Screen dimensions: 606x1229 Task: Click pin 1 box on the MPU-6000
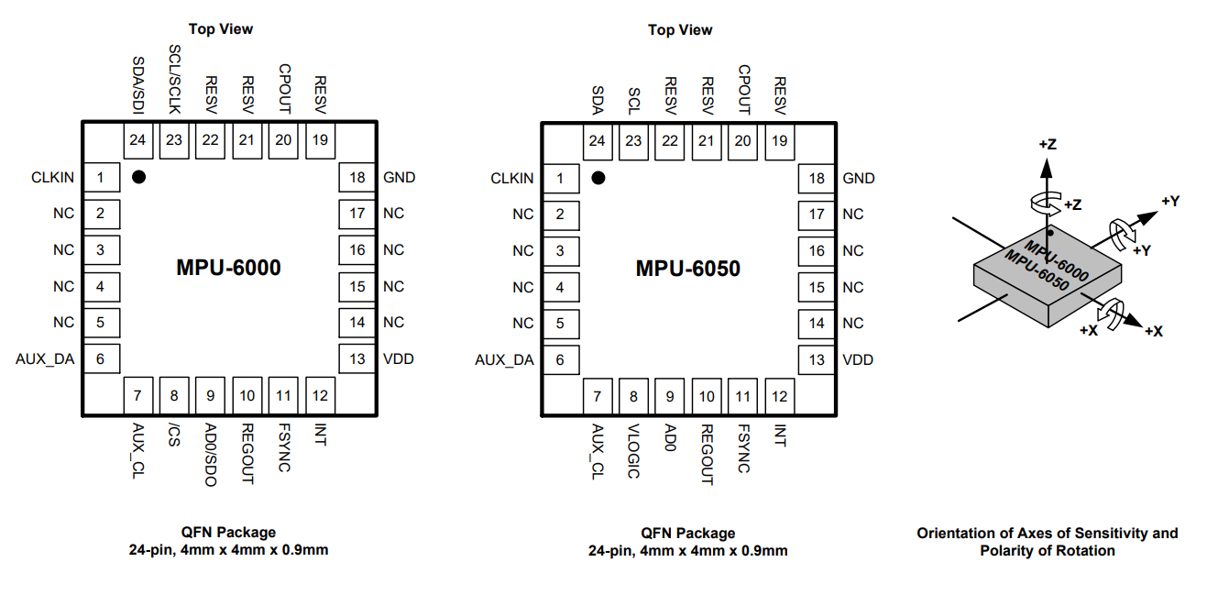click(101, 177)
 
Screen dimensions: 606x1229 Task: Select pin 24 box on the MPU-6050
click(598, 141)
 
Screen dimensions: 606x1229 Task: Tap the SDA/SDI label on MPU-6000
click(138, 84)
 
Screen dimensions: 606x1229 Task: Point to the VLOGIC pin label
click(633, 451)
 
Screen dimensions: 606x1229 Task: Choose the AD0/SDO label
click(211, 455)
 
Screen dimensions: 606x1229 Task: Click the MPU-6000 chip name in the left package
click(228, 268)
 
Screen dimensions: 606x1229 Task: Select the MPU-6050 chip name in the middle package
click(687, 269)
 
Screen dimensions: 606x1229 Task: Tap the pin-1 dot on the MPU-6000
click(138, 177)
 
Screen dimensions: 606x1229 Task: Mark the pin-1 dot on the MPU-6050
click(598, 178)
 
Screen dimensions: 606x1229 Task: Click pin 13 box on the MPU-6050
click(817, 359)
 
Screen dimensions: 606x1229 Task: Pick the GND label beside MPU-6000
click(400, 177)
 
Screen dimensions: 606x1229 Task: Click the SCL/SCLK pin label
click(174, 78)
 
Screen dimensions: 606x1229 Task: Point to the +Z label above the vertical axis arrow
click(1048, 145)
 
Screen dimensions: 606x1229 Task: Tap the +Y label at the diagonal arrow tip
click(1169, 200)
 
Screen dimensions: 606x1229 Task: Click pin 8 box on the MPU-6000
click(174, 396)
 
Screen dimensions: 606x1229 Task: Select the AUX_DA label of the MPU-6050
click(504, 359)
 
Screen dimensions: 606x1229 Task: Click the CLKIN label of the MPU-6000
click(52, 177)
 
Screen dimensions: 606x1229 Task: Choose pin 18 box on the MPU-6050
click(817, 178)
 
